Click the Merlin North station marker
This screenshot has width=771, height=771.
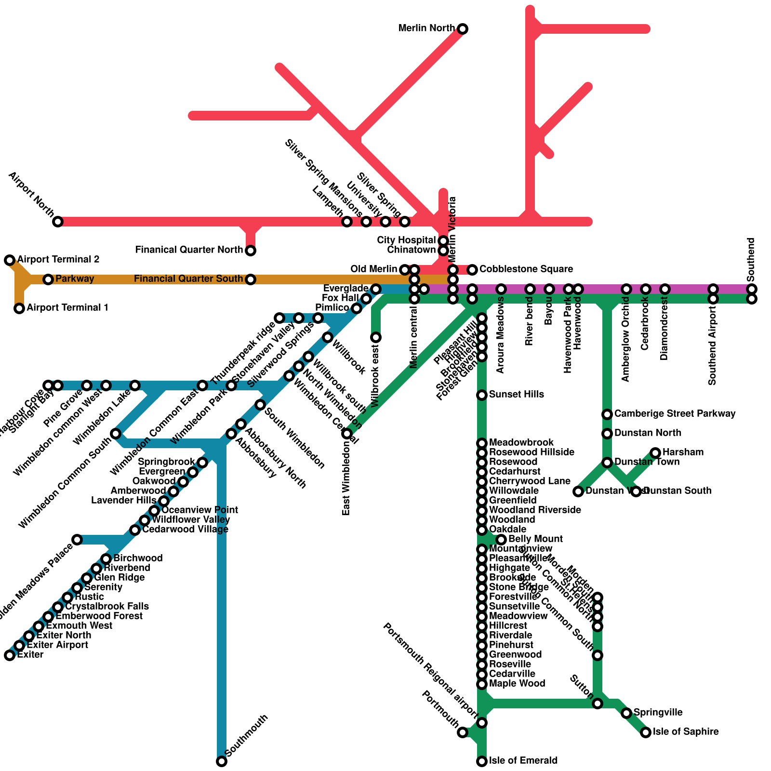pyautogui.click(x=463, y=29)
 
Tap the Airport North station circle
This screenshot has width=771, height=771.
pyautogui.click(x=58, y=222)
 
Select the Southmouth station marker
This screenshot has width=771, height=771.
pyautogui.click(x=222, y=761)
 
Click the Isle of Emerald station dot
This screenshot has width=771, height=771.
pyautogui.click(x=482, y=761)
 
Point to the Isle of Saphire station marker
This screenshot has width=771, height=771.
pyautogui.click(x=646, y=732)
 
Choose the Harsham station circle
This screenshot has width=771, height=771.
pyautogui.click(x=655, y=452)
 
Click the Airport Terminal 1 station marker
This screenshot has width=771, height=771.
pyautogui.click(x=19, y=308)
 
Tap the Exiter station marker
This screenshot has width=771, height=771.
pyautogui.click(x=10, y=655)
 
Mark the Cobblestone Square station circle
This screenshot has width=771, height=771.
pyautogui.click(x=472, y=269)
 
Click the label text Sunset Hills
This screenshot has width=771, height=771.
pyautogui.click(x=516, y=395)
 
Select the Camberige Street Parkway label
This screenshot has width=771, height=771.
pyautogui.click(x=675, y=414)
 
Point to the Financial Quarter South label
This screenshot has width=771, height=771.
pyautogui.click(x=188, y=279)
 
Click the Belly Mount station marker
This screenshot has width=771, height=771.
pyautogui.click(x=501, y=540)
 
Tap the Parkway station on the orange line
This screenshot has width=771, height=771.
pyautogui.click(x=48, y=279)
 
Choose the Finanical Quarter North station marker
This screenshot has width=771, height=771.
pyautogui.click(x=251, y=251)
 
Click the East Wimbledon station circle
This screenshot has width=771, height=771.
pyautogui.click(x=347, y=434)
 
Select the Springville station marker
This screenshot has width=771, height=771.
pyautogui.click(x=626, y=713)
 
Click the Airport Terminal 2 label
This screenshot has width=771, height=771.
pyautogui.click(x=58, y=260)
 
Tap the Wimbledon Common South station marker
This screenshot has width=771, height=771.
pyautogui.click(x=116, y=434)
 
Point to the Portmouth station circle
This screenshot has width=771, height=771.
pyautogui.click(x=463, y=732)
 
